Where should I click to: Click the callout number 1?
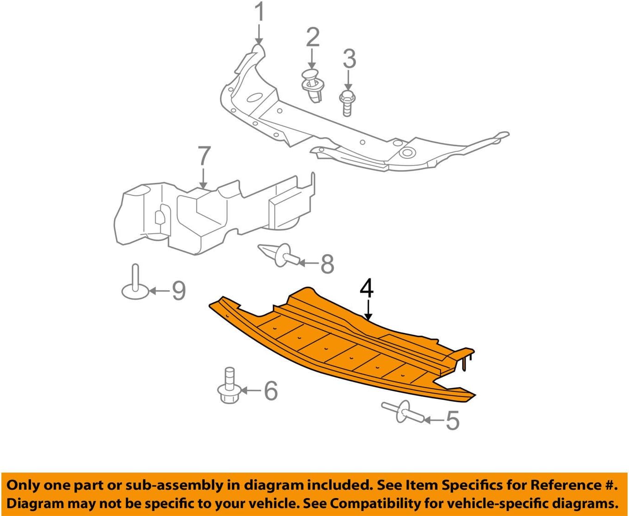pyautogui.click(x=260, y=12)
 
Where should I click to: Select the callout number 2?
pyautogui.click(x=313, y=37)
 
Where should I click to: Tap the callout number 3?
pyautogui.click(x=349, y=59)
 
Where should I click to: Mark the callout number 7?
pyautogui.click(x=204, y=157)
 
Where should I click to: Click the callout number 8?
pyautogui.click(x=327, y=264)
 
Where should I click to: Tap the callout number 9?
pyautogui.click(x=178, y=291)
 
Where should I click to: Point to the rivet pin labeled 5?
pyautogui.click(x=401, y=411)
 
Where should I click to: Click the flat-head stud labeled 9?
pyautogui.click(x=135, y=284)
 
